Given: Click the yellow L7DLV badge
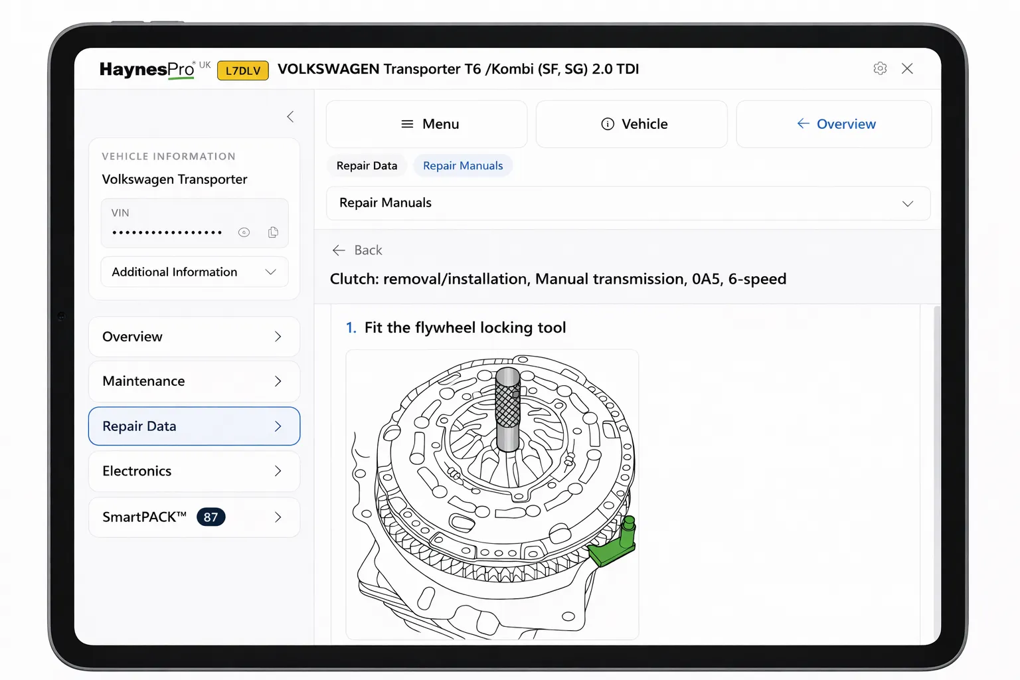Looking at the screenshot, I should point(243,70).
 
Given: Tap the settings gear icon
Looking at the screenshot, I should point(880,68).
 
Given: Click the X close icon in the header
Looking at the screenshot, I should point(907,68).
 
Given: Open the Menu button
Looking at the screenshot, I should point(426,124).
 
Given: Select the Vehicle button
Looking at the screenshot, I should point(632,124).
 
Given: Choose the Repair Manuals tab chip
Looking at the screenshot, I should point(463,166).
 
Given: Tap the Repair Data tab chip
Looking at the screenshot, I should point(367,166).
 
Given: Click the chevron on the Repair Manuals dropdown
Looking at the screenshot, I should point(907,204).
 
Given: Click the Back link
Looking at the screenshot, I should point(357,250).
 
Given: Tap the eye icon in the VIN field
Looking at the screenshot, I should point(244,232).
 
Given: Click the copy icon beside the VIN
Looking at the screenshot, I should point(273,232).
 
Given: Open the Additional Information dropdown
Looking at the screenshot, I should point(194,272).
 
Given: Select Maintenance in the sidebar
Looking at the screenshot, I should point(194,381).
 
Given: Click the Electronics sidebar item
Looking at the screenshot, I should point(194,471).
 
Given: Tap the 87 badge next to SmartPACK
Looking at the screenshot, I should point(211,517).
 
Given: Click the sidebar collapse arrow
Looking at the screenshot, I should point(290,117).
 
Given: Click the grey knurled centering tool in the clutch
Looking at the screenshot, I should point(508,408).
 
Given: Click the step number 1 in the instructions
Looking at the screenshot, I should point(351,328).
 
